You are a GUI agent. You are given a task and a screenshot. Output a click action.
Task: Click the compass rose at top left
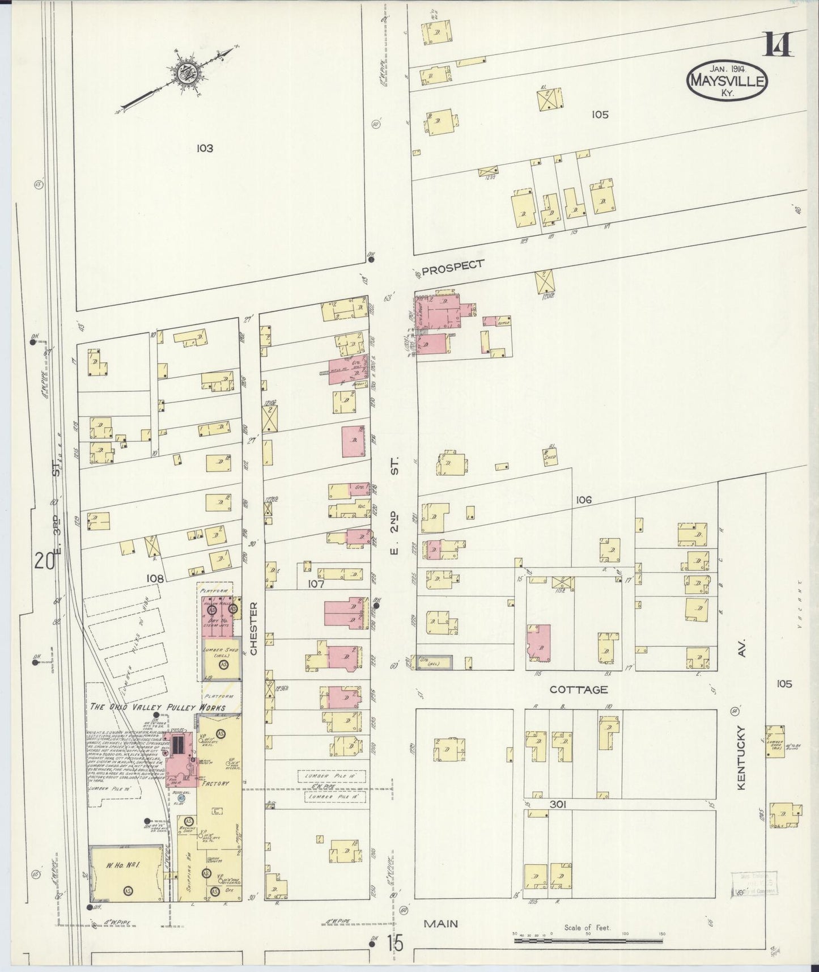click(185, 73)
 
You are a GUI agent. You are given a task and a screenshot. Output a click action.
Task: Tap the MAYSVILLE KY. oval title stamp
click(727, 81)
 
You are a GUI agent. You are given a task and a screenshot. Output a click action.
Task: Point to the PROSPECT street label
click(453, 267)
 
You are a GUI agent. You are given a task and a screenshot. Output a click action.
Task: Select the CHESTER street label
click(253, 628)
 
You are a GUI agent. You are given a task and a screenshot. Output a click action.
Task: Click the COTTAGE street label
click(579, 690)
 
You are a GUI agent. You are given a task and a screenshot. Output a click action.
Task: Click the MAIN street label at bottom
click(441, 924)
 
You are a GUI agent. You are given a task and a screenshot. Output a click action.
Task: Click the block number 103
click(205, 149)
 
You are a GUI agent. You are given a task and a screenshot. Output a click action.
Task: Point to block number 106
click(583, 500)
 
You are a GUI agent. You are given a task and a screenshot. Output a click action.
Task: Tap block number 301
click(558, 804)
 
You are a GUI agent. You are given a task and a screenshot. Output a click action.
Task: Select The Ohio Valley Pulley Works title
click(158, 707)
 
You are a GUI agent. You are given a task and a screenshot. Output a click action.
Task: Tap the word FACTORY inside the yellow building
click(217, 784)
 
